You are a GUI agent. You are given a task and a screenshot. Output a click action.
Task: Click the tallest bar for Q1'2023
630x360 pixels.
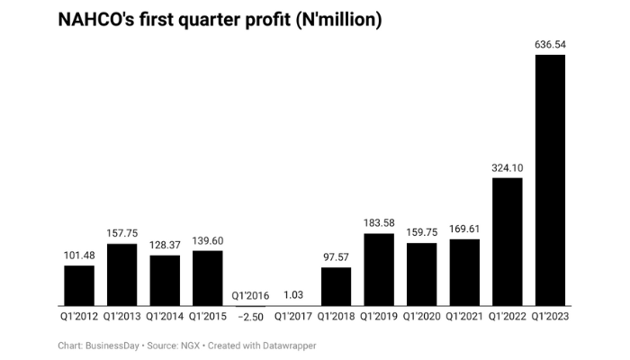(550, 180)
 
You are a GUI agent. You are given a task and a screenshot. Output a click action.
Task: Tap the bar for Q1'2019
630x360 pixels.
(379, 269)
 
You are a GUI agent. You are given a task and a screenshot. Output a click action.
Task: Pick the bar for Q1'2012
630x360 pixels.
(79, 285)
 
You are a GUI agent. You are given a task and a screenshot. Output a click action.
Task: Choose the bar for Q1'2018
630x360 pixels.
(337, 286)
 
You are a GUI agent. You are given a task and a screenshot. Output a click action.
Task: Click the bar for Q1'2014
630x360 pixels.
(165, 281)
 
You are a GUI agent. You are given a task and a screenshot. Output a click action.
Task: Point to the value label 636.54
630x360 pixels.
(550, 44)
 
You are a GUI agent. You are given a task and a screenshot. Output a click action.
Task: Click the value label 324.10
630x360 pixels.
(508, 167)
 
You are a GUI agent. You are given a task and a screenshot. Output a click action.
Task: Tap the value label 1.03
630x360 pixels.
(293, 294)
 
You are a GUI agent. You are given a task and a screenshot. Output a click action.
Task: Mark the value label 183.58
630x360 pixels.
(379, 222)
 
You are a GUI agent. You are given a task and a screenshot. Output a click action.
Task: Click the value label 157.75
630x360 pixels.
(122, 233)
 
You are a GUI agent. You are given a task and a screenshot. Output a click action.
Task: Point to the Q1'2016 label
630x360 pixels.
(250, 295)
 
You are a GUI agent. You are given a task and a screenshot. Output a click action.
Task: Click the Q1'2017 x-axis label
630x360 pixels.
(293, 317)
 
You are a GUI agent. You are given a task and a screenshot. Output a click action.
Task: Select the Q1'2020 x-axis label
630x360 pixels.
(422, 317)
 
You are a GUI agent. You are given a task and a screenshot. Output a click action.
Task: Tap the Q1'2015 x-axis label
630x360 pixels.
(208, 317)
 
